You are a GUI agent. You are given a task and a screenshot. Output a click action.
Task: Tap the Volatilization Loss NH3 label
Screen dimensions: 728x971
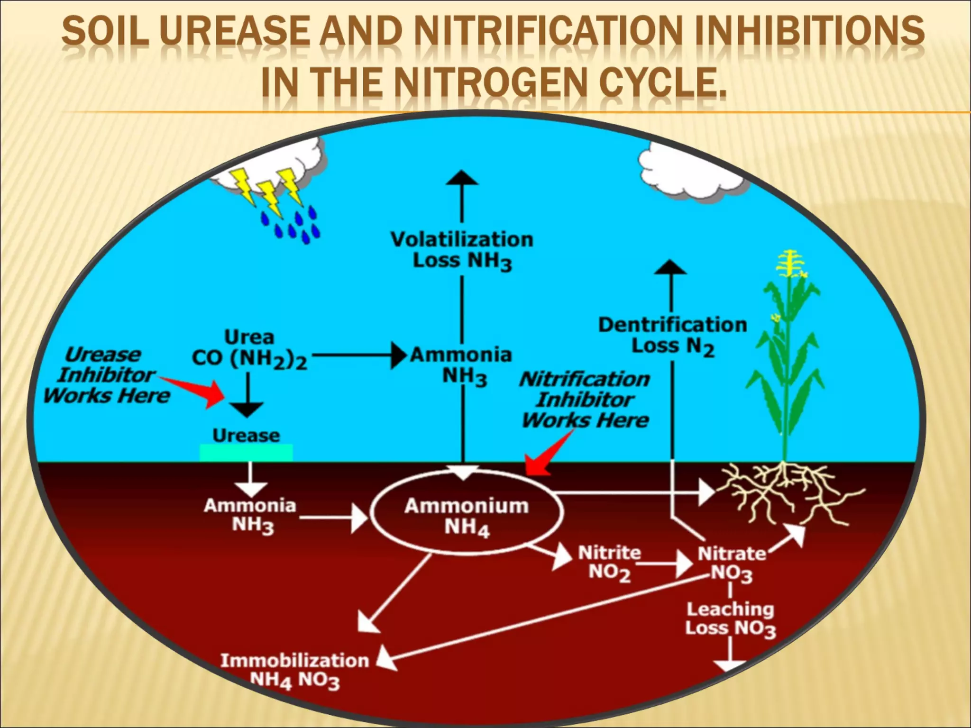pyautogui.click(x=462, y=250)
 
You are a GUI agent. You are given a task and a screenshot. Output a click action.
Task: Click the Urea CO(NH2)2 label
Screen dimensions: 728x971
pyautogui.click(x=249, y=349)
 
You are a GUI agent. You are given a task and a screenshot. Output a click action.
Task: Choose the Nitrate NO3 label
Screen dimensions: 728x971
pyautogui.click(x=732, y=563)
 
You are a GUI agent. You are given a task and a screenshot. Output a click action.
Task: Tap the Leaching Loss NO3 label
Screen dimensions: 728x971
pyautogui.click(x=730, y=619)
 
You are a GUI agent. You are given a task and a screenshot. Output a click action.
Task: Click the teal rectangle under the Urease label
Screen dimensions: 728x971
pyautogui.click(x=246, y=453)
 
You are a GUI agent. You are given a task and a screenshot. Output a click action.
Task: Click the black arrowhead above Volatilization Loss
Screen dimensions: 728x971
pyautogui.click(x=462, y=177)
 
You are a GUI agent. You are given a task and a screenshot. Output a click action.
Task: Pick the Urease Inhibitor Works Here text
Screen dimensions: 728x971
pyautogui.click(x=107, y=375)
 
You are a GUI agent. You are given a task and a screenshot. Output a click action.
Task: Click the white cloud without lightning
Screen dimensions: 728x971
pyautogui.click(x=687, y=168)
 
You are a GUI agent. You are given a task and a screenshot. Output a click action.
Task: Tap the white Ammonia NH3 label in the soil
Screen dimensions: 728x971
pyautogui.click(x=250, y=515)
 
